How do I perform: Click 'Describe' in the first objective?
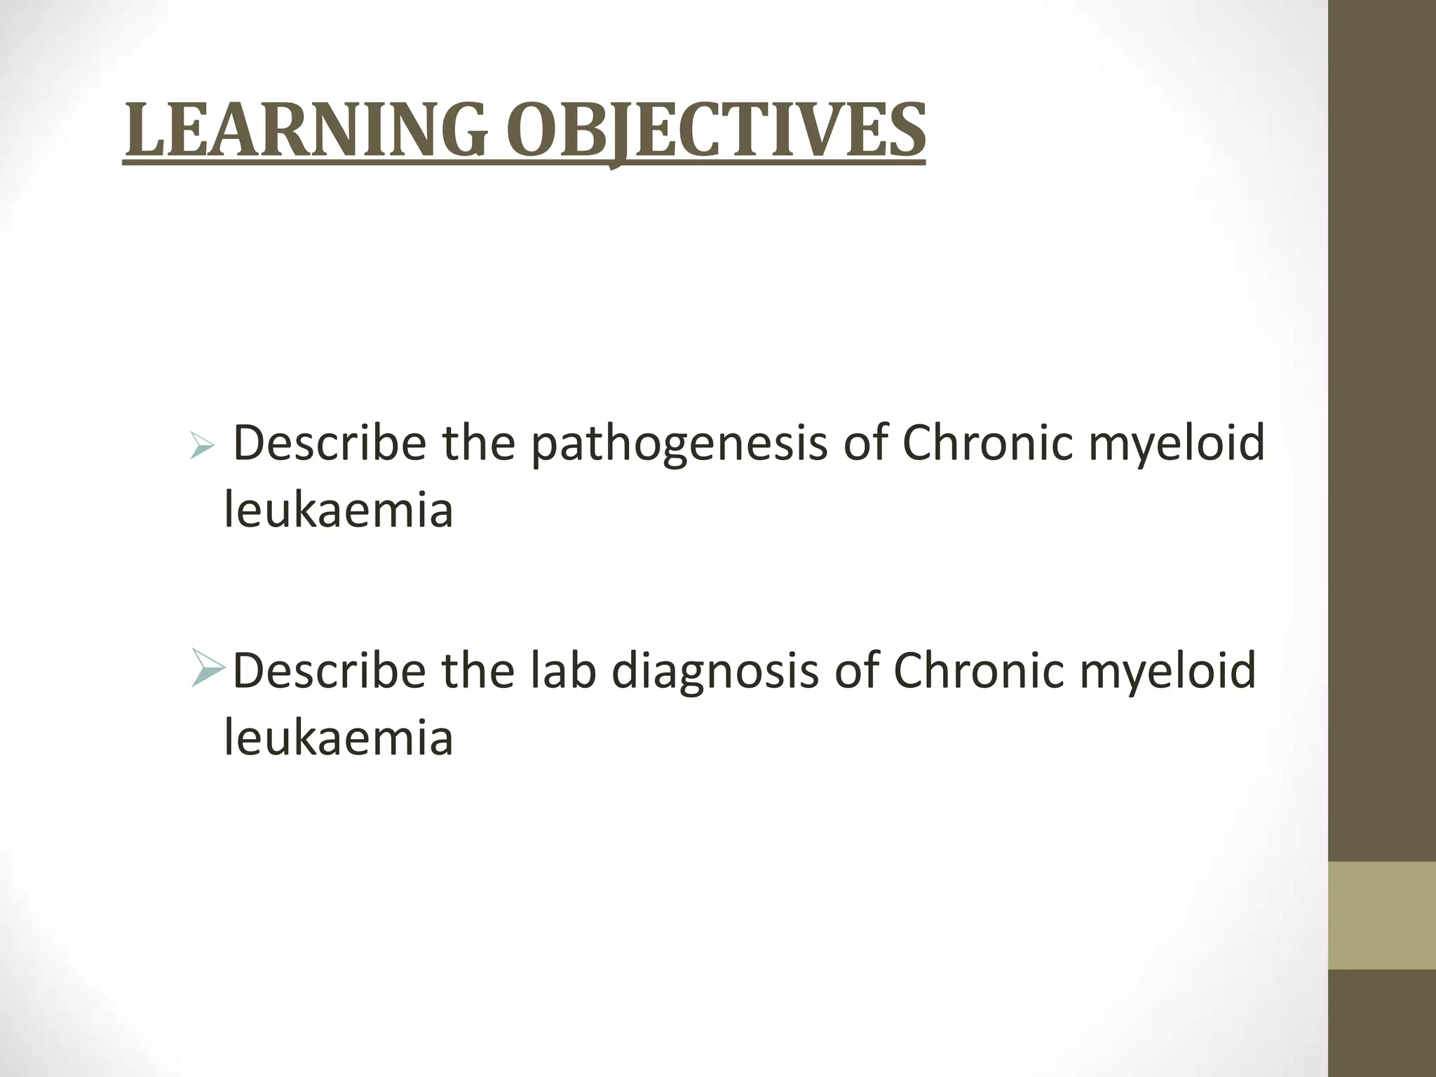[x=329, y=443]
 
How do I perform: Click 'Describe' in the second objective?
[x=329, y=670]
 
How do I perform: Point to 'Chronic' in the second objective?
[x=978, y=670]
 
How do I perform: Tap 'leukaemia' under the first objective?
[x=339, y=510]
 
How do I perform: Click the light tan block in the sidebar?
[x=1382, y=916]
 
